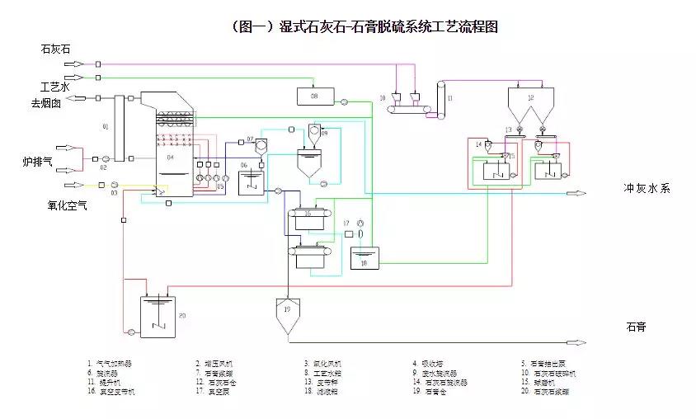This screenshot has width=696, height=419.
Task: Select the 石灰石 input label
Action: [x=56, y=49]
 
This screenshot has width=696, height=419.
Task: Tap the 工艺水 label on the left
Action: [x=55, y=87]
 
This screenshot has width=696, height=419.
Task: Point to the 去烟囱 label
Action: [x=47, y=103]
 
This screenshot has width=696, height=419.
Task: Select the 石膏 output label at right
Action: [x=636, y=327]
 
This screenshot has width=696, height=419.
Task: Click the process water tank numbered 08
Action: [x=313, y=97]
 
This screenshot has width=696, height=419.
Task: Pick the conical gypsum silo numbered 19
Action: [x=286, y=314]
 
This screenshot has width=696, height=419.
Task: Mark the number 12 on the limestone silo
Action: [x=530, y=98]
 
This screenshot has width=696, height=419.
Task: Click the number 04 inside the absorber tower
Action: [x=171, y=157]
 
